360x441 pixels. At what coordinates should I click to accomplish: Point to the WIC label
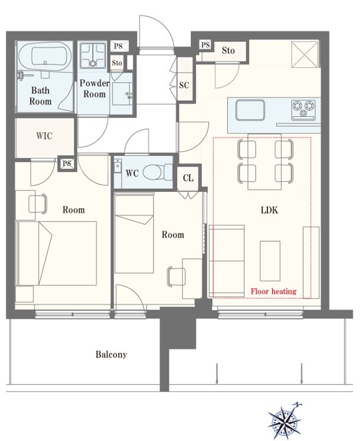[44, 136]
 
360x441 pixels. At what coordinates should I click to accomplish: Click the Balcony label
[111, 354]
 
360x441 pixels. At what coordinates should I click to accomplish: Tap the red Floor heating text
[273, 291]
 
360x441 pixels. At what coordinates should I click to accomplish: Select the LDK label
[269, 210]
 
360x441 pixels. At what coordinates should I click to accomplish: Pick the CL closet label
[188, 178]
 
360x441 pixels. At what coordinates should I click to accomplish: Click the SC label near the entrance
[184, 85]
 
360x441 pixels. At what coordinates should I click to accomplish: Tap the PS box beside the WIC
[67, 163]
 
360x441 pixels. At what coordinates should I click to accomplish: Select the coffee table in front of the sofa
[270, 261]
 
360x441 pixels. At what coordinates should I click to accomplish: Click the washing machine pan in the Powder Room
[93, 55]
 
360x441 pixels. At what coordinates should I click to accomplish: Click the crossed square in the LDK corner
[305, 54]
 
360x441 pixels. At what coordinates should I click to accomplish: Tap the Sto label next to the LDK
[228, 50]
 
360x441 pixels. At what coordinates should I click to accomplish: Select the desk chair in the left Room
[38, 203]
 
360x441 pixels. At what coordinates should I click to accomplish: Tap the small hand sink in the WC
[117, 166]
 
